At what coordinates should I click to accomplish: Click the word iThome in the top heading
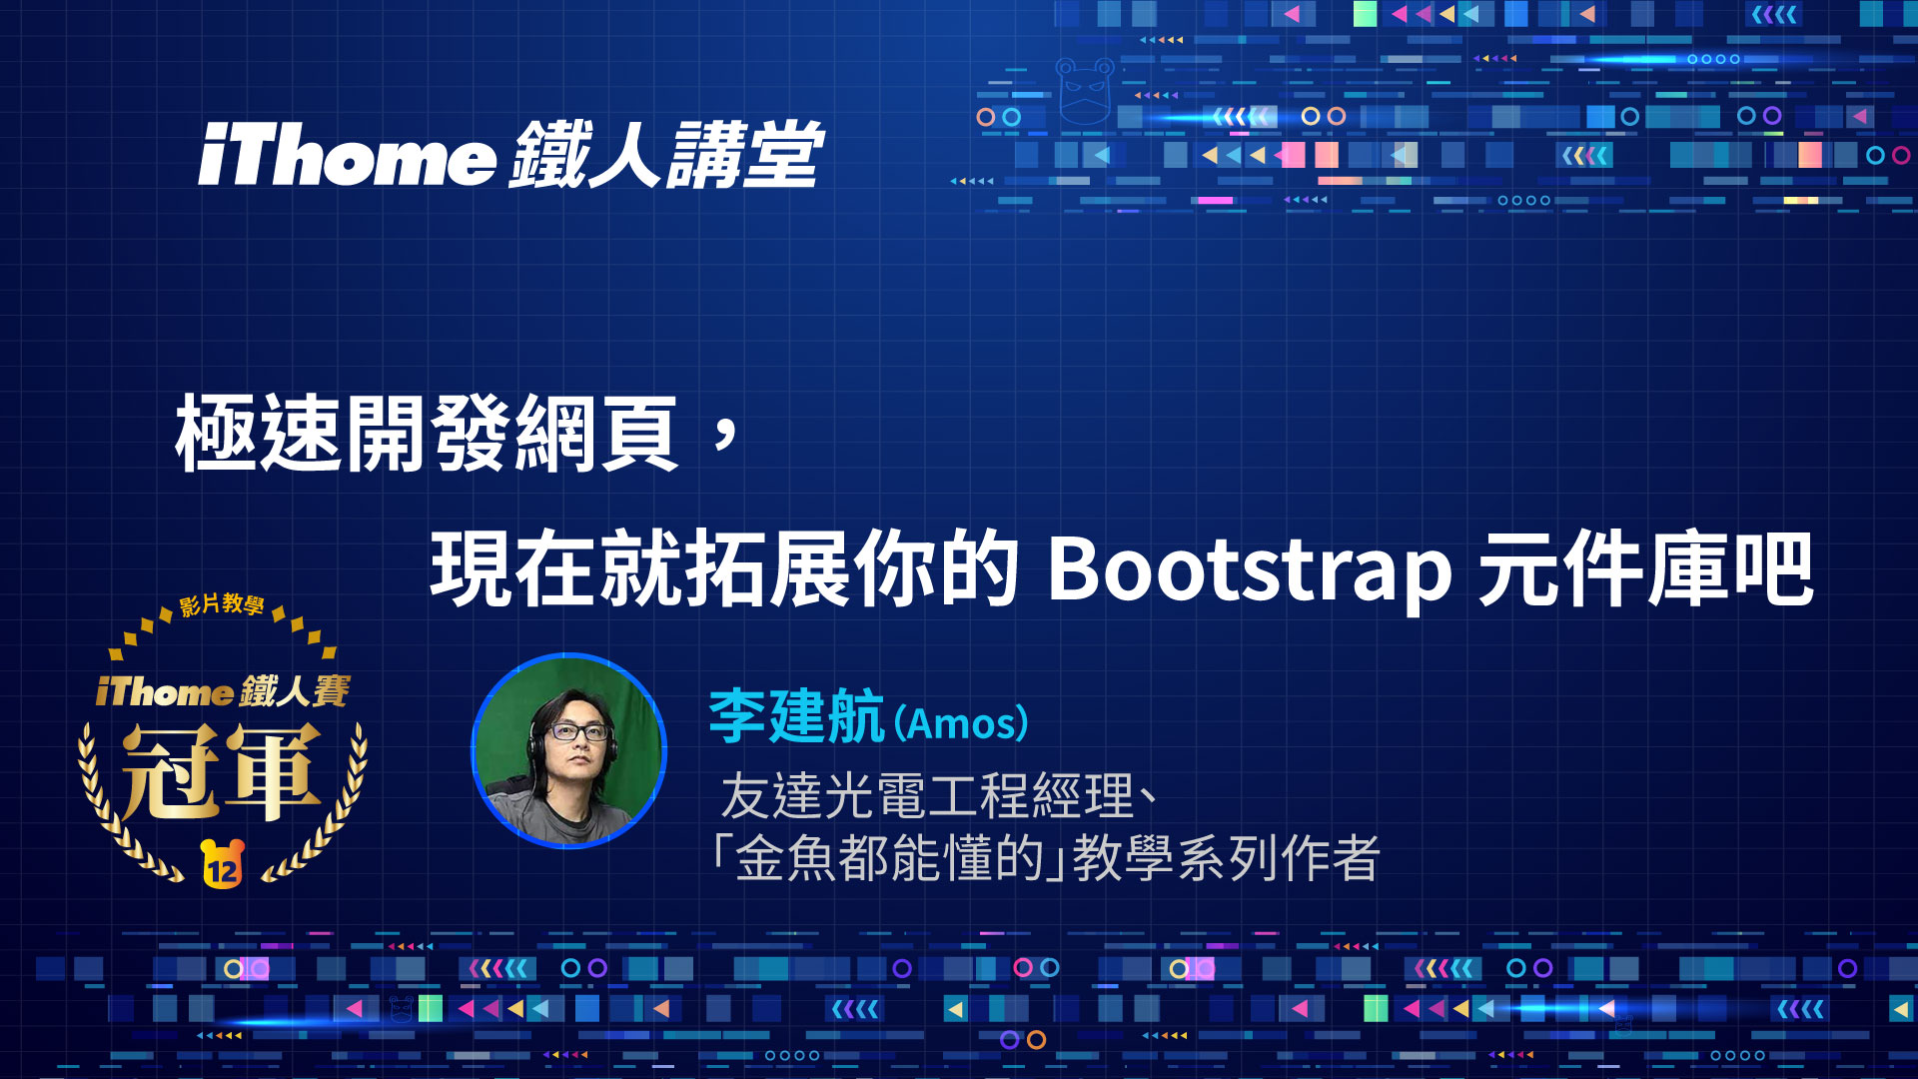[x=347, y=156]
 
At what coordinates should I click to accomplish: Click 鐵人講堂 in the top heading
[x=666, y=155]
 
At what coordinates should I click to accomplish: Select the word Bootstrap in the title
[x=1249, y=570]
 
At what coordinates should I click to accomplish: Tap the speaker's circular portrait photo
[x=568, y=750]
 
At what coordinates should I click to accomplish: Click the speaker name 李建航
[x=796, y=716]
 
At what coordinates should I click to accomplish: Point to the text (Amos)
[x=961, y=722]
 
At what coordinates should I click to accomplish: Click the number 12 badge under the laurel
[x=223, y=864]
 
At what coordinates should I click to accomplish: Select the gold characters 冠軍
[x=222, y=770]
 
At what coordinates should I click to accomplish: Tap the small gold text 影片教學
[x=222, y=604]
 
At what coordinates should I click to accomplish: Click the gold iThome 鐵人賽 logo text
[x=223, y=691]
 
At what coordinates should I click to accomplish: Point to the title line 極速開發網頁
[x=428, y=434]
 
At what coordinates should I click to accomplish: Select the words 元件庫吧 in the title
[x=1645, y=569]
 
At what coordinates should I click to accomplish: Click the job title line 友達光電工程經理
[x=927, y=796]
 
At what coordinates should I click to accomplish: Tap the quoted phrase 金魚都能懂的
[x=890, y=857]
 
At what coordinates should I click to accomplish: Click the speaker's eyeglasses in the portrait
[x=580, y=731]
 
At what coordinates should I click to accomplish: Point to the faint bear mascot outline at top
[x=1085, y=90]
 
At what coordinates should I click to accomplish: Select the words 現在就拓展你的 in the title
[x=724, y=569]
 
